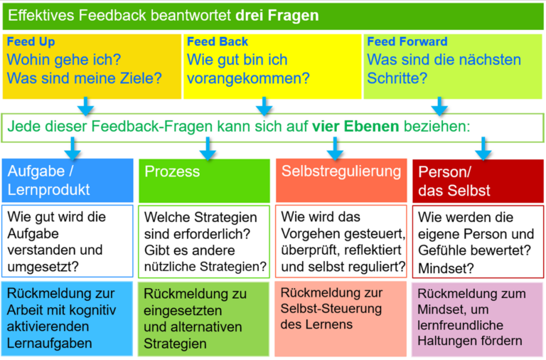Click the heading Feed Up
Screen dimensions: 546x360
31,42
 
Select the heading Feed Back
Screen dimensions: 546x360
218,41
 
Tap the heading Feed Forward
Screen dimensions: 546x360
407,41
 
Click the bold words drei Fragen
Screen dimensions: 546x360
277,16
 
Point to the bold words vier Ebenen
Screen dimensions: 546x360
355,126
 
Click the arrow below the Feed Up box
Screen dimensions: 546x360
85,106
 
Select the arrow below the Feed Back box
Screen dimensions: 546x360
264,106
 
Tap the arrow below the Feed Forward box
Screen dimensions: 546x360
439,106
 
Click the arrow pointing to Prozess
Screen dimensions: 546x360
208,149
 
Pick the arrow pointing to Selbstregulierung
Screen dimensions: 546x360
335,149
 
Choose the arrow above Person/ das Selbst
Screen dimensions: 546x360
483,149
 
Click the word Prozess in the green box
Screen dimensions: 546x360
172,171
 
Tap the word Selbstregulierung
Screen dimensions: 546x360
341,171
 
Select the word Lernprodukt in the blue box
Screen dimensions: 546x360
49,190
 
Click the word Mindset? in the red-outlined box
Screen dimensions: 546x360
446,268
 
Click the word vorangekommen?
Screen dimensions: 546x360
248,78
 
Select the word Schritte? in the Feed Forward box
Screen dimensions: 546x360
397,78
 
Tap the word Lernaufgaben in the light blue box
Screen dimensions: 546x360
50,344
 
